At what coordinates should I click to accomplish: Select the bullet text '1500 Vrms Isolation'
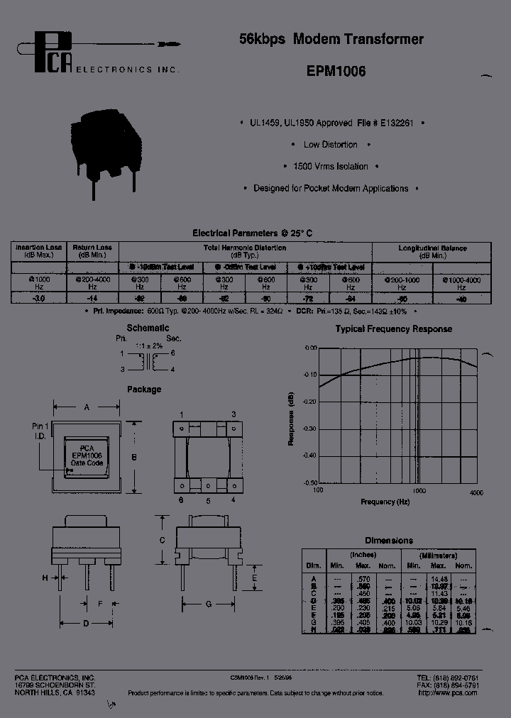click(x=331, y=167)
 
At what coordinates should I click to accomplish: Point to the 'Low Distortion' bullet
click(x=331, y=145)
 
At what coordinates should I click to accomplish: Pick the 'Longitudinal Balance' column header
click(x=433, y=251)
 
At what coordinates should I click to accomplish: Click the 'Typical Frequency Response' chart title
click(x=393, y=329)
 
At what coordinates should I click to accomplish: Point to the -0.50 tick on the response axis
click(x=309, y=482)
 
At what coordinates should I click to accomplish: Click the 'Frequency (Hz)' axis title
click(x=385, y=502)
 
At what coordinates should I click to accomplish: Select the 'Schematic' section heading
click(x=148, y=328)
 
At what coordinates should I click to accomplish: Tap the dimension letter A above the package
click(x=87, y=407)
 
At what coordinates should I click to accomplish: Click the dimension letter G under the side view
click(x=208, y=604)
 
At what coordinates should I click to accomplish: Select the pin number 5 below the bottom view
click(x=207, y=501)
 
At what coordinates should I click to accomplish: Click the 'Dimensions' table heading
click(x=388, y=541)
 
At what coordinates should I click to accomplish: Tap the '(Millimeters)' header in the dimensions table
click(x=438, y=555)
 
